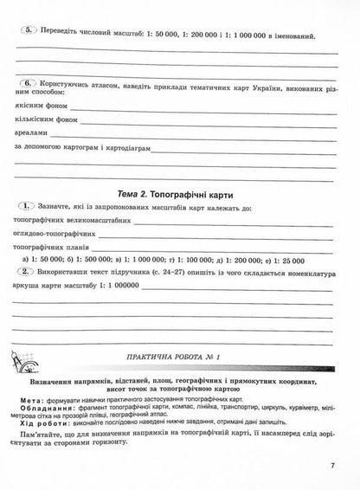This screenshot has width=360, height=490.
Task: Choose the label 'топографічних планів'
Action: click(x=54, y=248)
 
